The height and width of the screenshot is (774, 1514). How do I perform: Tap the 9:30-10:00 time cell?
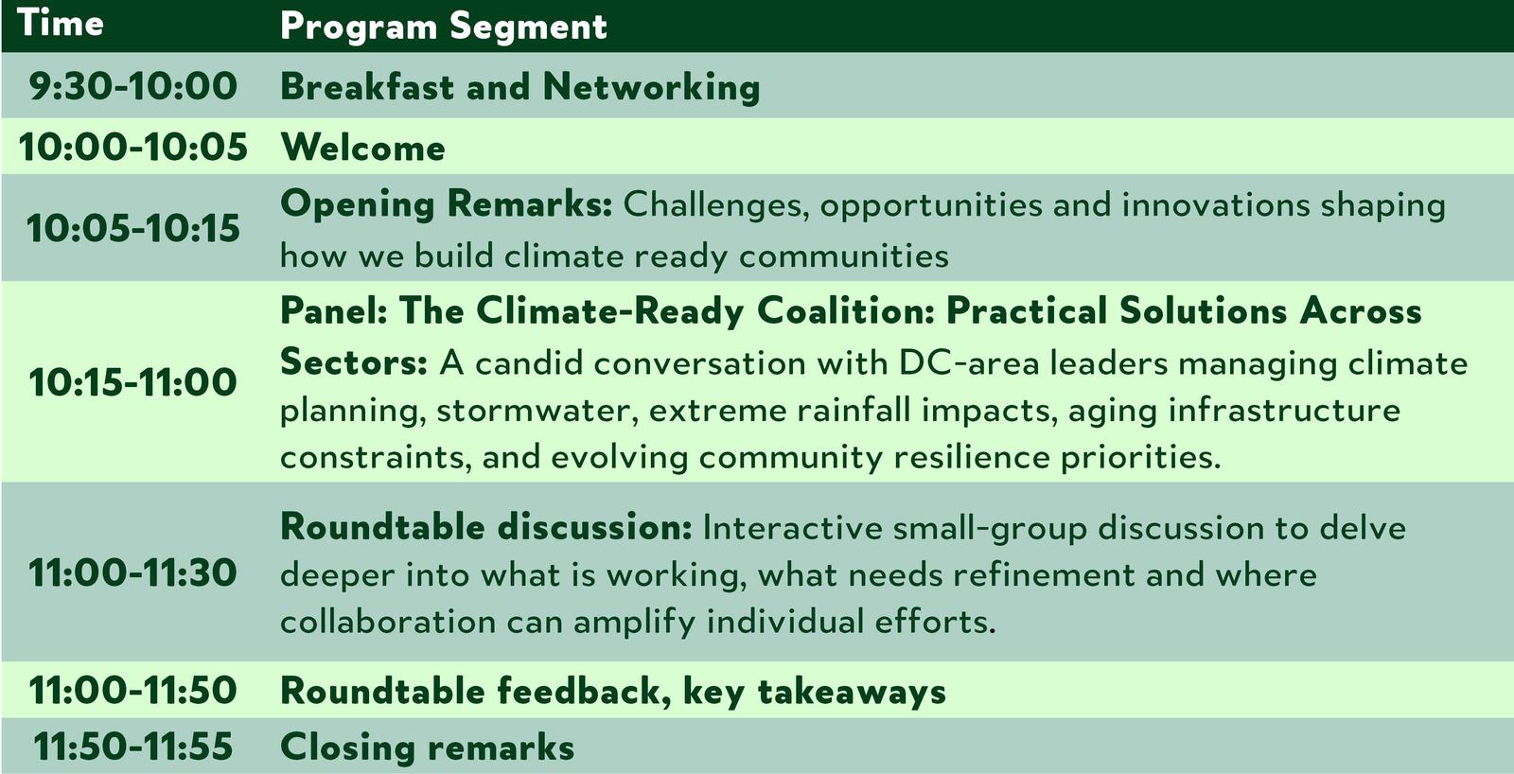click(x=133, y=86)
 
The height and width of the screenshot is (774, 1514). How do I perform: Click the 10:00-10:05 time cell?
click(x=133, y=147)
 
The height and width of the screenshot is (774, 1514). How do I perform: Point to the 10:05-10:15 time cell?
click(x=133, y=228)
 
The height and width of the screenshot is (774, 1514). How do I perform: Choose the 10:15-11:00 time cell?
click(x=133, y=382)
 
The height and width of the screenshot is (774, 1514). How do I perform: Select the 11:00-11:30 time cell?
click(x=133, y=572)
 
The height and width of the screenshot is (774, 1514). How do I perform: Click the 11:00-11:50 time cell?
click(x=133, y=690)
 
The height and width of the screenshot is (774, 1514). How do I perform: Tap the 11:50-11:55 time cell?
click(x=133, y=747)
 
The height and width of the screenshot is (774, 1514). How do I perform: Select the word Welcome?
click(x=363, y=148)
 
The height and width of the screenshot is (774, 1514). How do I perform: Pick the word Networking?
click(x=652, y=88)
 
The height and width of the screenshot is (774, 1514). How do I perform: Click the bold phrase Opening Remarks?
click(x=446, y=204)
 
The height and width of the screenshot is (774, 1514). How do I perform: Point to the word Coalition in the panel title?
click(x=845, y=310)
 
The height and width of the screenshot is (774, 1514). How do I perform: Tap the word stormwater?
click(x=538, y=411)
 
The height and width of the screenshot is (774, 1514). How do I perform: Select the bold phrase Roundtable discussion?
click(x=486, y=527)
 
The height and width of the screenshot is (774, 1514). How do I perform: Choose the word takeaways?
click(x=852, y=692)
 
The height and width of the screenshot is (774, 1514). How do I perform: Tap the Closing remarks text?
click(x=427, y=747)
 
